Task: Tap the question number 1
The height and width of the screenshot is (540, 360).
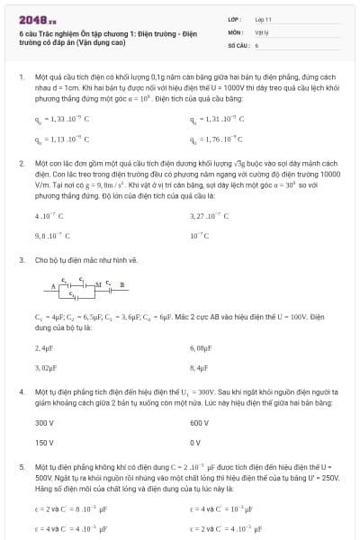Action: coord(21,77)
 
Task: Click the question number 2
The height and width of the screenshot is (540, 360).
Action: coord(21,165)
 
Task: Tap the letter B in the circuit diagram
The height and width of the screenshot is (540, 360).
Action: coord(122,284)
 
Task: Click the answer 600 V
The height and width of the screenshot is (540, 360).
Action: coord(200,423)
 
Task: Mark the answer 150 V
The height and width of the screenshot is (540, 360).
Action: coord(44,443)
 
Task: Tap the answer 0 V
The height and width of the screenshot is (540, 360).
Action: coord(196,443)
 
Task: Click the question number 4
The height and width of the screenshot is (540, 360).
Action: coord(21,393)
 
